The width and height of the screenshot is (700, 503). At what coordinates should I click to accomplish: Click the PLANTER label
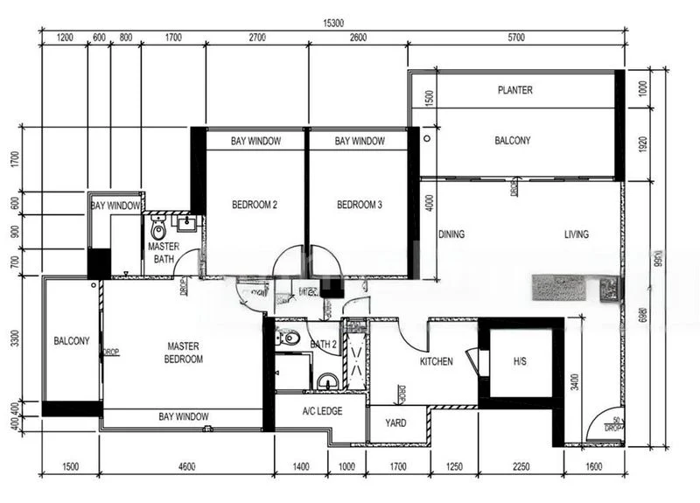pos(514,90)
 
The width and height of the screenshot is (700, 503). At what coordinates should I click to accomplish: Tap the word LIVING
pos(576,234)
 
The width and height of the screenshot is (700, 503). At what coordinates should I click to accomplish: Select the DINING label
pos(451,234)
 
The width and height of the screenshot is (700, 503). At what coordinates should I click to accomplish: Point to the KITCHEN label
pos(436,361)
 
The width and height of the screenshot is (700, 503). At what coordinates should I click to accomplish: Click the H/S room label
pos(520,361)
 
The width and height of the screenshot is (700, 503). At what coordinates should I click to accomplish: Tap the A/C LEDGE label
pos(322,410)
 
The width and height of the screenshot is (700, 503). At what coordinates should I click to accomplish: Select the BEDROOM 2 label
pos(255,206)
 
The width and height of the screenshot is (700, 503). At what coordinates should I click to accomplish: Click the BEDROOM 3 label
pos(360,206)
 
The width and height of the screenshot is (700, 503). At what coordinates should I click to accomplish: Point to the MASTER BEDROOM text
pos(185,353)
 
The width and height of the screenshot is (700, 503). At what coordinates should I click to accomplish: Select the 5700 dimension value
pos(516,37)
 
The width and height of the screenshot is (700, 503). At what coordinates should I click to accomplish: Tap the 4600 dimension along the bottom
pos(186,466)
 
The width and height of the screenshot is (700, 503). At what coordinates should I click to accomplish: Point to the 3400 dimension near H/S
pos(573,381)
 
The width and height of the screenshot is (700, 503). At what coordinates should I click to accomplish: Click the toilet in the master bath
pos(158,230)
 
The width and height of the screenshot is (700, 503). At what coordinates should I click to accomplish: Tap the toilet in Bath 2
pos(291,339)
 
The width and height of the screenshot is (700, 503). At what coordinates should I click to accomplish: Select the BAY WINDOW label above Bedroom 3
pos(359,141)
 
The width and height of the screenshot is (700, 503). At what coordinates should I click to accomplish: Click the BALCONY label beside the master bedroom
pos(71,341)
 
